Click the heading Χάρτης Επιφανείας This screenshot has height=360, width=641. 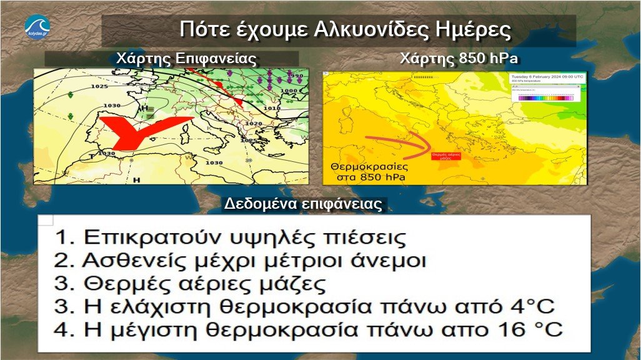pyautogui.click(x=186, y=59)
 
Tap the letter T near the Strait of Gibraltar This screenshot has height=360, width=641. pyautogui.click(x=91, y=156)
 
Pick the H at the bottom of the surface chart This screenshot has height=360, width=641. pyautogui.click(x=136, y=179)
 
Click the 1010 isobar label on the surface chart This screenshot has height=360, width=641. pyautogui.click(x=271, y=108)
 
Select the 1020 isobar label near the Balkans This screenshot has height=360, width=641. pyautogui.click(x=254, y=124)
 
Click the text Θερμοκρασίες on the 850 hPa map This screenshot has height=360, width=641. pyautogui.click(x=368, y=167)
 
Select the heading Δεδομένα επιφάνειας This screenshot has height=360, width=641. pyautogui.click(x=305, y=204)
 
